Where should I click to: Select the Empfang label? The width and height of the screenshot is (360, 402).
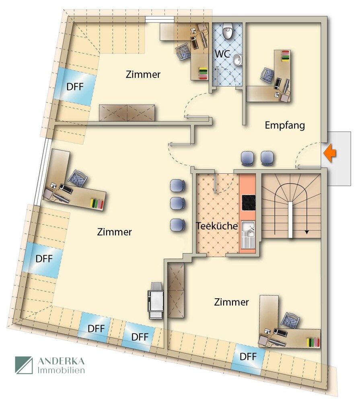(285, 125)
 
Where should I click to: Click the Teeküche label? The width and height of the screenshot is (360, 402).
(217, 226)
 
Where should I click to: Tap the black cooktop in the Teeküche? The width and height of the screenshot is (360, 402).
(249, 203)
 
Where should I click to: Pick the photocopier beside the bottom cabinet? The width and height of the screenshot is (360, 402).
(156, 300)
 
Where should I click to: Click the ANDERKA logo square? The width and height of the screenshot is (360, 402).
(24, 365)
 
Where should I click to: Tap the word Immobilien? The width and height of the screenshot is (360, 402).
(61, 370)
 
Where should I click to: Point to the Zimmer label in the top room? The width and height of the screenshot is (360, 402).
(143, 74)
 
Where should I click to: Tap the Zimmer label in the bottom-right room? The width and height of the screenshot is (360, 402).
(231, 302)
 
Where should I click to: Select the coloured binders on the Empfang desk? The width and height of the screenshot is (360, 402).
(286, 56)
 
